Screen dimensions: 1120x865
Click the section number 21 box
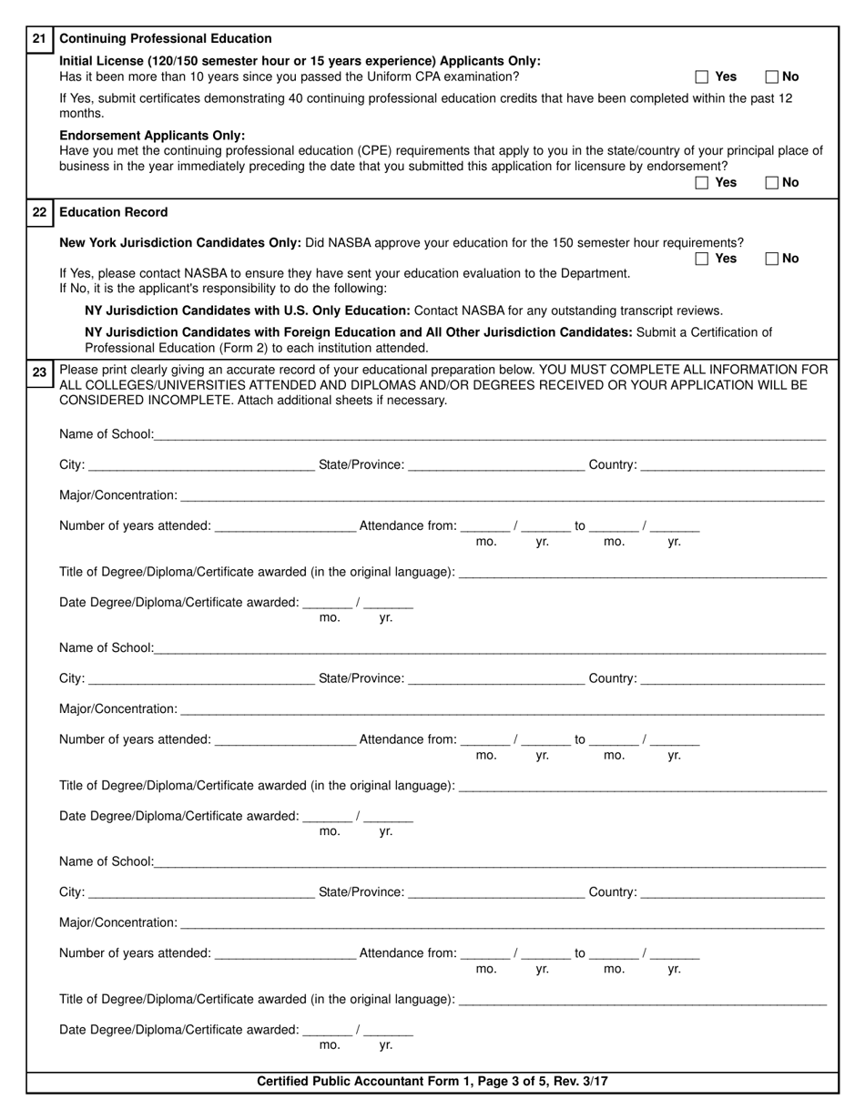pos(39,38)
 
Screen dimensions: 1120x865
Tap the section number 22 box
pos(39,212)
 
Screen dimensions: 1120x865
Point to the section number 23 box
pos(39,372)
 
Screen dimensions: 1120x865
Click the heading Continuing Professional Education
pos(165,38)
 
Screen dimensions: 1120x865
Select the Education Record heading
pos(114,212)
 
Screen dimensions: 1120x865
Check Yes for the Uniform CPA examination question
pos(702,77)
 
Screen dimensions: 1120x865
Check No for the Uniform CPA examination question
pos(772,77)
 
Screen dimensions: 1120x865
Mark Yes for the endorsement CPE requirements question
pos(702,183)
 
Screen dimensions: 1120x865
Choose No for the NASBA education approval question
pos(772,259)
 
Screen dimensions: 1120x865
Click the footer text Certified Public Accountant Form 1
pos(432,1082)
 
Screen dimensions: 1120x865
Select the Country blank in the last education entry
pos(733,891)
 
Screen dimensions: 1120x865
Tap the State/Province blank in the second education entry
pos(496,678)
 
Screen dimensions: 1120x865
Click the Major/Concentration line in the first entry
pos(502,495)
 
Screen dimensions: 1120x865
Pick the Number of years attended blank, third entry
pos(285,953)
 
